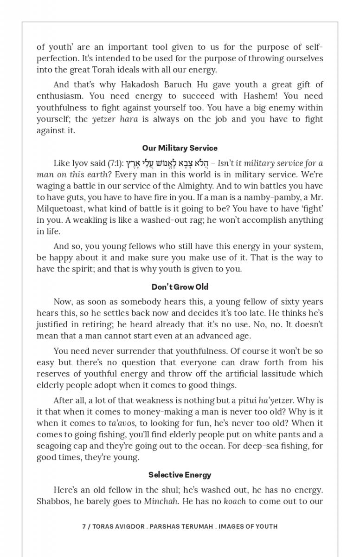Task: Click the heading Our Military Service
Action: click(180, 148)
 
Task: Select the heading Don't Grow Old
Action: click(180, 286)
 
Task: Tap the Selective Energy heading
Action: click(180, 474)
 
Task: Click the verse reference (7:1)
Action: click(115, 163)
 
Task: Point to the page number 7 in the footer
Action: click(84, 526)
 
